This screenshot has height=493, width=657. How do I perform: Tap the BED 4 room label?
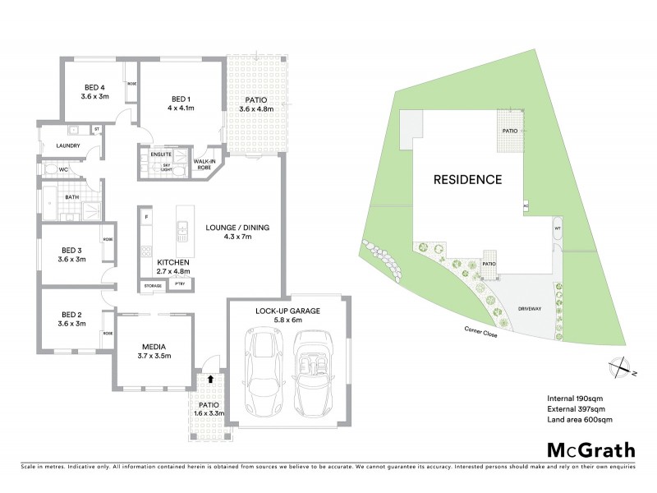[94, 88]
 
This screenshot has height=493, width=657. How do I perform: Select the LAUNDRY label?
[68, 146]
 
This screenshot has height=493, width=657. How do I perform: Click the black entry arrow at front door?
[211, 380]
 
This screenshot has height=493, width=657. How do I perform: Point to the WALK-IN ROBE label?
[204, 164]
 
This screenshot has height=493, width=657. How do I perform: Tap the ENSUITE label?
[161, 154]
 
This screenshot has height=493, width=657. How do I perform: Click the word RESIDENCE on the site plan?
[467, 178]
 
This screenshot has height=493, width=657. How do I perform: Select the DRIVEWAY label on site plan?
[530, 308]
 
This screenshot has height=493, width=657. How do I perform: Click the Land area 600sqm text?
[580, 420]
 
